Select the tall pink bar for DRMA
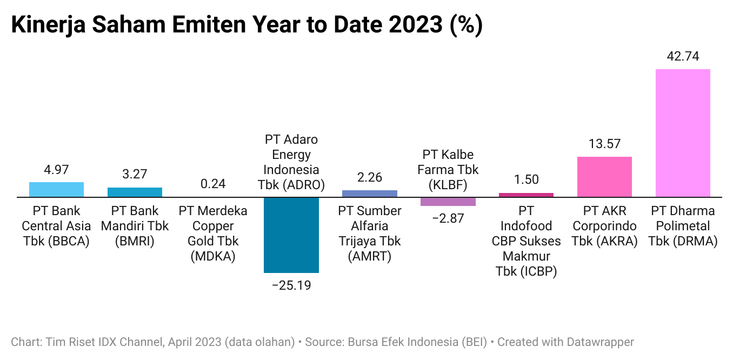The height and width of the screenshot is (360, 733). (x=683, y=133)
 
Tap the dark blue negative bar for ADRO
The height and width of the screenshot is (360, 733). (x=291, y=235)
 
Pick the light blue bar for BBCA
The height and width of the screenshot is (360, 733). (x=56, y=190)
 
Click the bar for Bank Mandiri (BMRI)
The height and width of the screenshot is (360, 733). (x=135, y=192)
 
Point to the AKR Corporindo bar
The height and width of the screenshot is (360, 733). (x=604, y=177)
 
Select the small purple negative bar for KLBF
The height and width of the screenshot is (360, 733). (x=448, y=202)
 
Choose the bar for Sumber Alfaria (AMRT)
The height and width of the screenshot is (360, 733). (x=370, y=194)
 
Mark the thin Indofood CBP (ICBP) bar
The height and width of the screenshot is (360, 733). (x=526, y=195)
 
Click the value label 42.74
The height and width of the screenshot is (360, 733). (x=683, y=56)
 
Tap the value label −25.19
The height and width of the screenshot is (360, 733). (x=291, y=285)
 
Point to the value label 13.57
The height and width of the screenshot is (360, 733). (x=604, y=144)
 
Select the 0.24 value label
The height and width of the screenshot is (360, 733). (x=213, y=184)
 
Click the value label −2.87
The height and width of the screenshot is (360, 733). (x=448, y=218)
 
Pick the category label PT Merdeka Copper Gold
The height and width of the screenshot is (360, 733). (x=213, y=234)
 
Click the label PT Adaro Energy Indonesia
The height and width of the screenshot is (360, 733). (x=291, y=162)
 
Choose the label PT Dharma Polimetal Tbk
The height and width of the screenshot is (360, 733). (x=683, y=226)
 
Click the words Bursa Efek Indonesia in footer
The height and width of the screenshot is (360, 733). (x=403, y=342)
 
